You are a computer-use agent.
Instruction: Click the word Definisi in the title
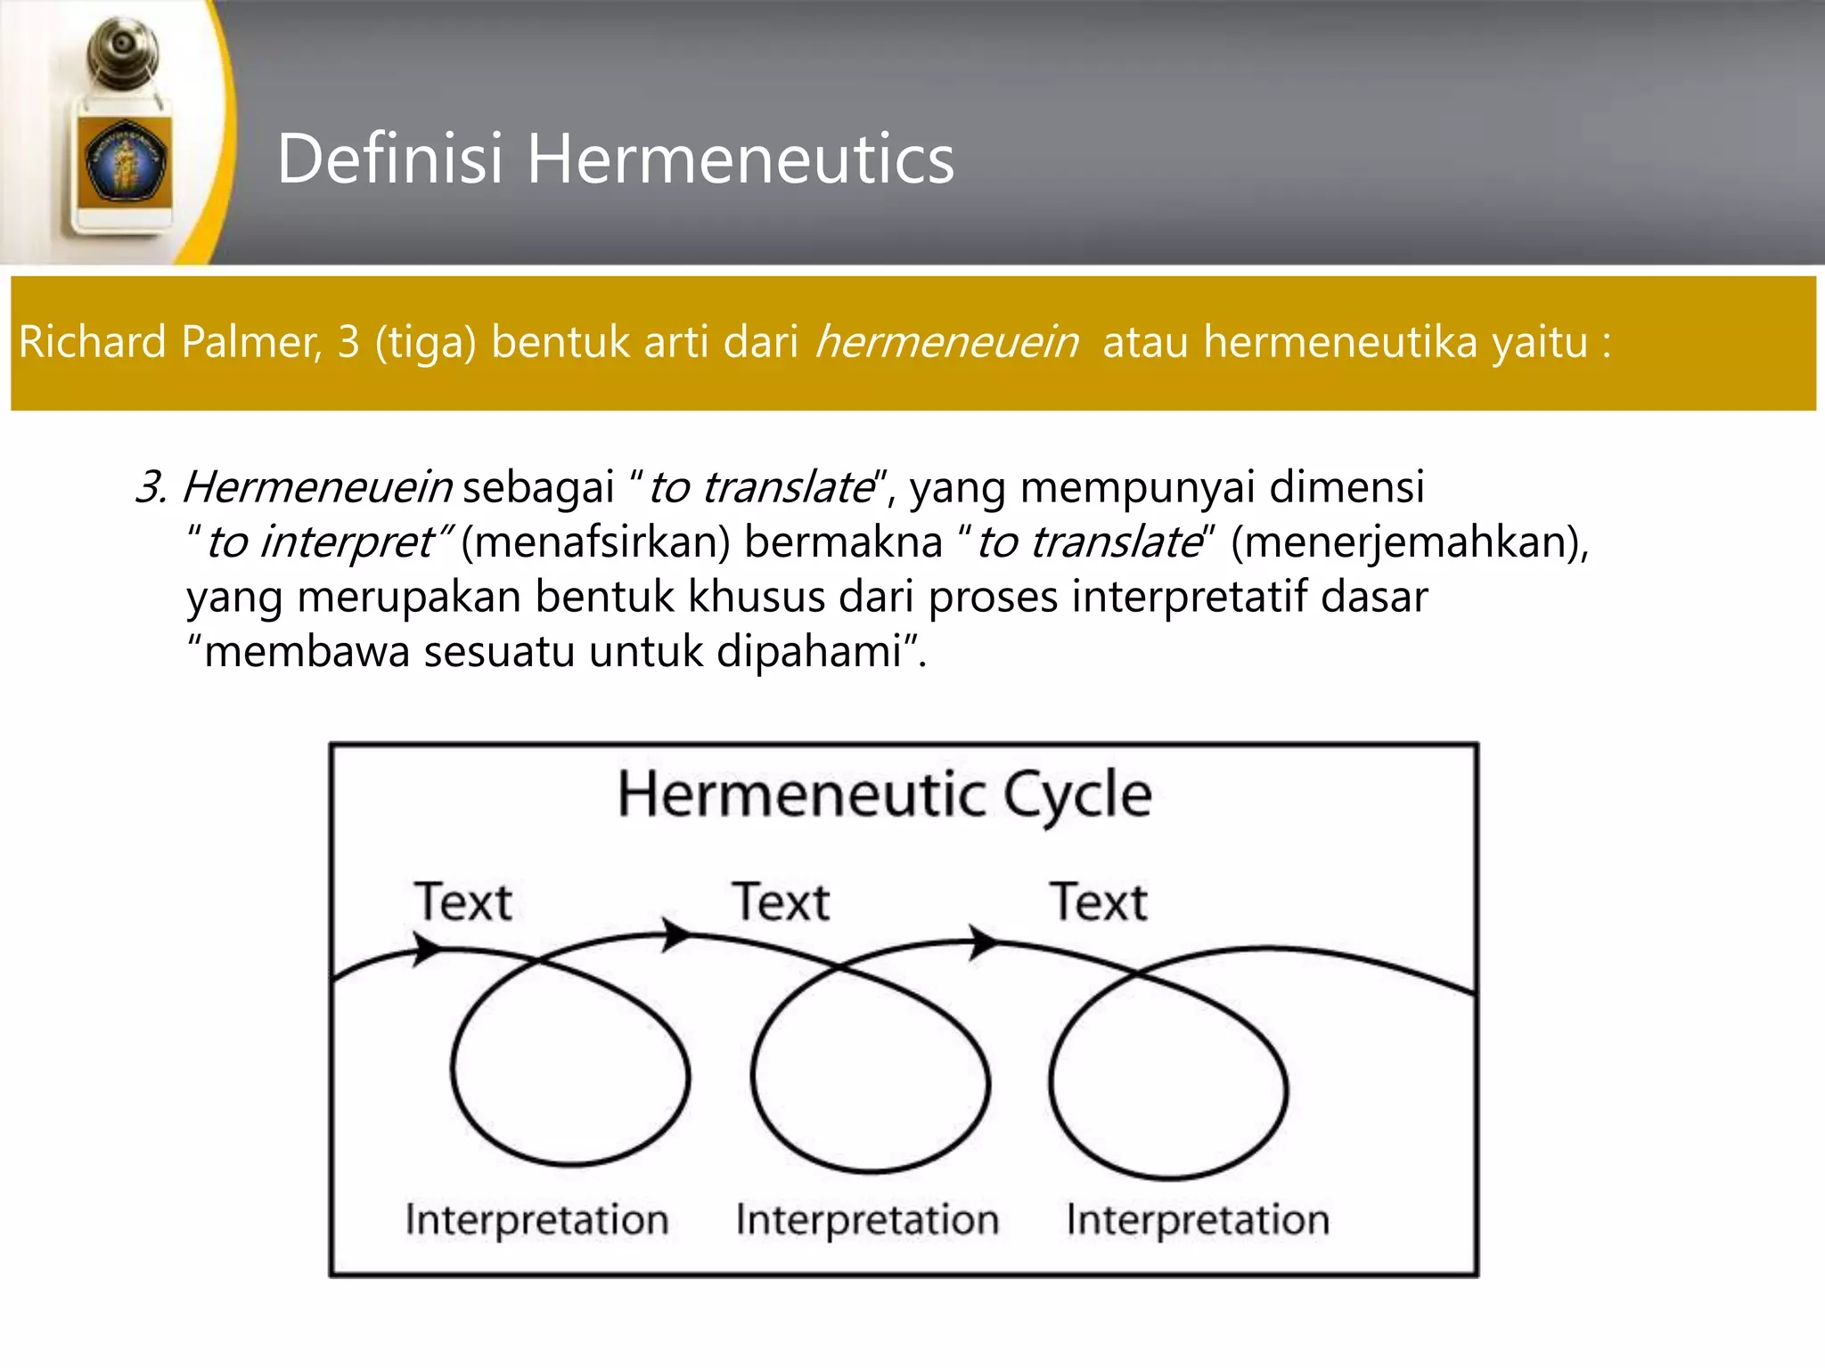click(390, 159)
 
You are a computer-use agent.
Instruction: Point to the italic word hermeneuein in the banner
click(946, 342)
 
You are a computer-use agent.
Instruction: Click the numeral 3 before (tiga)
click(348, 342)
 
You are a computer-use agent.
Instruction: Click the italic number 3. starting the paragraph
click(151, 487)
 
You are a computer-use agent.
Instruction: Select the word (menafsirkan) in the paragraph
click(595, 541)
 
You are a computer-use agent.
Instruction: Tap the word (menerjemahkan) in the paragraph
click(1409, 541)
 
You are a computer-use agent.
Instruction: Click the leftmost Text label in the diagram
click(462, 901)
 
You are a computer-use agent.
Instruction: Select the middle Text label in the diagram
click(781, 901)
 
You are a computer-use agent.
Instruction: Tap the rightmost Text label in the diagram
click(1098, 901)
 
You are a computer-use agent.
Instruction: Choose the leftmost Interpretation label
click(536, 1218)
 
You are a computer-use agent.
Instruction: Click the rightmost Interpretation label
click(1198, 1218)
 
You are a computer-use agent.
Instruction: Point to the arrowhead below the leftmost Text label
click(426, 948)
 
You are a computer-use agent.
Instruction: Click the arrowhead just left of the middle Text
click(675, 935)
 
